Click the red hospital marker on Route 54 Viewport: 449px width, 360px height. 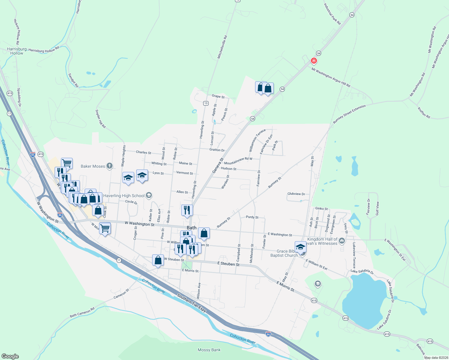pyautogui.click(x=314, y=61)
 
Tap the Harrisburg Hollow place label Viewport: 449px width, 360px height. pyautogui.click(x=17, y=51)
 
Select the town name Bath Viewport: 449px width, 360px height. pyautogui.click(x=191, y=228)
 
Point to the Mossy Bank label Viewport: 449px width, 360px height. pyautogui.click(x=209, y=350)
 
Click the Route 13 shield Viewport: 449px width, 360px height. pyautogui.click(x=206, y=103)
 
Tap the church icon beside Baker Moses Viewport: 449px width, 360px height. pyautogui.click(x=110, y=166)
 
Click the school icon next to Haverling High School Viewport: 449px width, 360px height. pyautogui.click(x=149, y=196)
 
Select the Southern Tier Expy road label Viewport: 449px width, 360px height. pyautogui.click(x=192, y=303)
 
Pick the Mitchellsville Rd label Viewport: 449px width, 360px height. pyautogui.click(x=222, y=47)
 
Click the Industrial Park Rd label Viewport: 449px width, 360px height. pyautogui.click(x=332, y=14)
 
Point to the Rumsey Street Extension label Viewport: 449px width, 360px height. pyautogui.click(x=349, y=114)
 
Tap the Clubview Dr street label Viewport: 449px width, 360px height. pyautogui.click(x=296, y=194)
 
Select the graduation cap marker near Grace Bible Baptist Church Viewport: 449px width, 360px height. pyautogui.click(x=300, y=247)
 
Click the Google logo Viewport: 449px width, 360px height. pyautogui.click(x=10, y=356)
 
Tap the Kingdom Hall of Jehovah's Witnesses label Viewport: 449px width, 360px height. pyautogui.click(x=322, y=241)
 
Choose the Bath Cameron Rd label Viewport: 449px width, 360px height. pyautogui.click(x=82, y=312)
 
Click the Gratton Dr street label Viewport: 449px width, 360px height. pyautogui.click(x=217, y=150)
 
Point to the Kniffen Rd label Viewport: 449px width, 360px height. pyautogui.click(x=424, y=112)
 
